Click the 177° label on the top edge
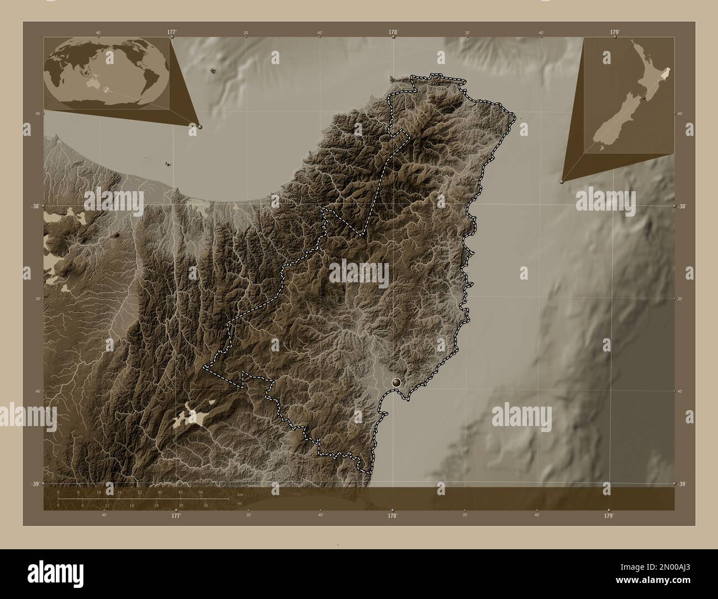[172, 32]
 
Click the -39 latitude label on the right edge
[682, 484]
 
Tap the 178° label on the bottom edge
[392, 516]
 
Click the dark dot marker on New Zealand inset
[644, 98]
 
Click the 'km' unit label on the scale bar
[240, 494]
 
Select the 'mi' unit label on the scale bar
[240, 504]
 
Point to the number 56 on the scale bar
[200, 492]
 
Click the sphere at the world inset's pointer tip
[199, 127]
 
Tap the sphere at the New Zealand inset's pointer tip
[562, 180]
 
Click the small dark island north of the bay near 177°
[213, 70]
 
